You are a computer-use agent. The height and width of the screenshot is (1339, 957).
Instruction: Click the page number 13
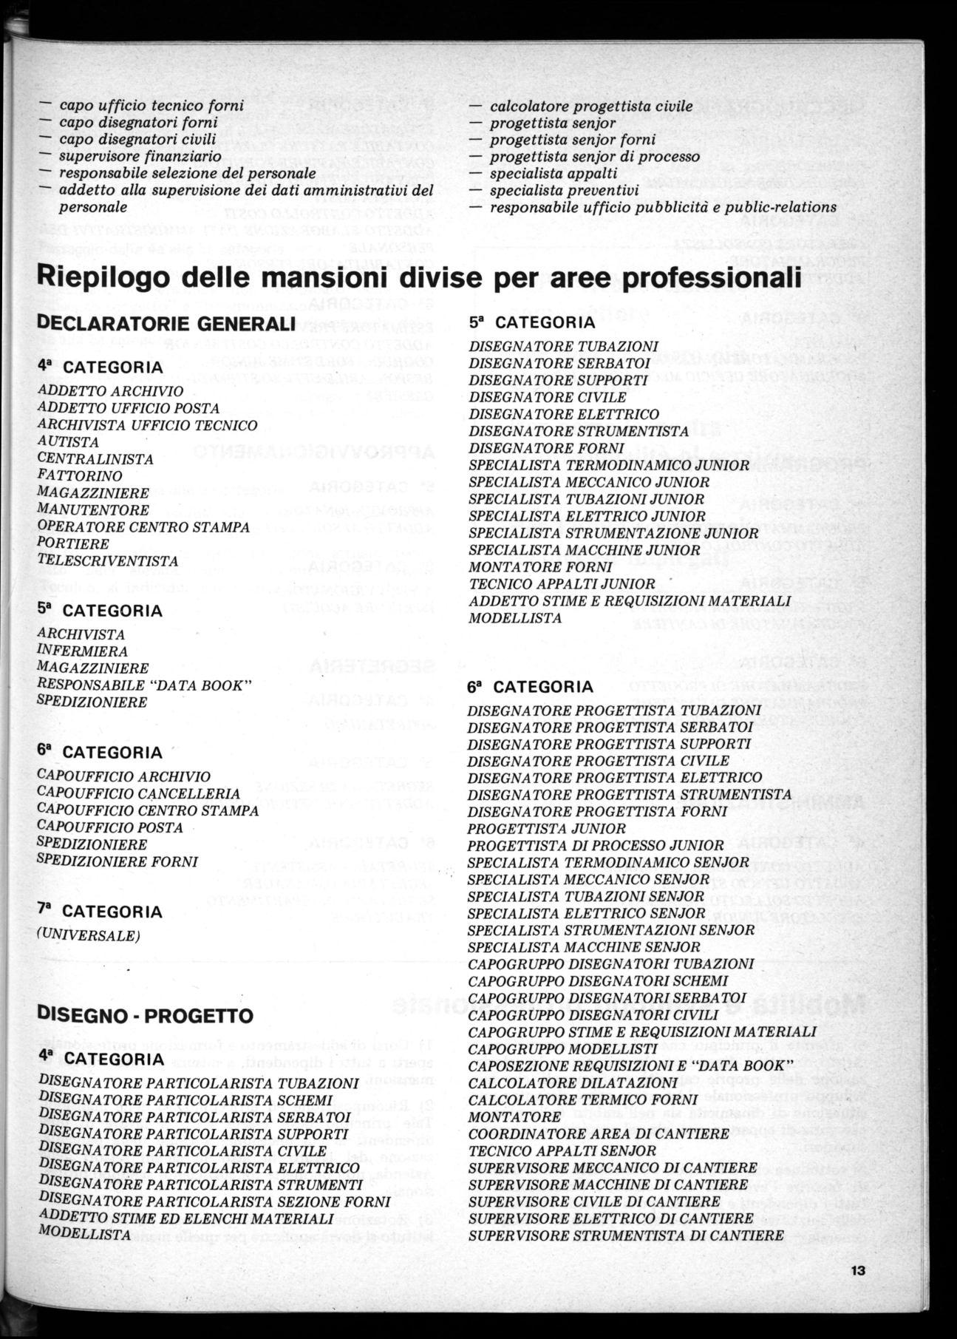tap(857, 1271)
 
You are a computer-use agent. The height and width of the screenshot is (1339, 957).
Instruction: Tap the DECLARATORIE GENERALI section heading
tap(166, 324)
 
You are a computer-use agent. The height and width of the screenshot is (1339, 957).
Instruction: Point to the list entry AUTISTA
tap(68, 442)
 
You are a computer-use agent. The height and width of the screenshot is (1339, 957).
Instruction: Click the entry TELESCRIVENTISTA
tap(108, 561)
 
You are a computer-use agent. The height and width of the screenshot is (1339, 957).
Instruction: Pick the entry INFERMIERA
tap(82, 651)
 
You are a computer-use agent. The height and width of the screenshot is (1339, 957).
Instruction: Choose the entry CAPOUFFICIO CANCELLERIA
tap(138, 794)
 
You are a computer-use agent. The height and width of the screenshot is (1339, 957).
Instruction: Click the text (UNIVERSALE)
tap(88, 935)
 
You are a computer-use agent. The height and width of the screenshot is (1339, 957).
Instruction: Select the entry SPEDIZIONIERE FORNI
tap(118, 862)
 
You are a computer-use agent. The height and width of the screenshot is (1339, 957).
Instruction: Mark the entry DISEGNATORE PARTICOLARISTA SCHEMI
tap(185, 1101)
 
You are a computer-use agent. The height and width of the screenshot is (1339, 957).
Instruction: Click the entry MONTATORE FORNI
tap(540, 567)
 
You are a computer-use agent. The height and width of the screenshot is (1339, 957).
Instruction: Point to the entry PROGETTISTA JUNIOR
tap(546, 829)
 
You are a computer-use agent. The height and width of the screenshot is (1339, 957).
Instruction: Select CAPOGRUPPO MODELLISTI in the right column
tap(562, 1049)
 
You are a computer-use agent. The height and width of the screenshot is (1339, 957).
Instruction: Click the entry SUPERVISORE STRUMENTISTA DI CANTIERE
tap(626, 1235)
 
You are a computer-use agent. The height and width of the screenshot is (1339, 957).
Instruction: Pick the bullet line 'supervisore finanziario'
tap(140, 157)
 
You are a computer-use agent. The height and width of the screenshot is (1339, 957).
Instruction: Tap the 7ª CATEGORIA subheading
tap(100, 912)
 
